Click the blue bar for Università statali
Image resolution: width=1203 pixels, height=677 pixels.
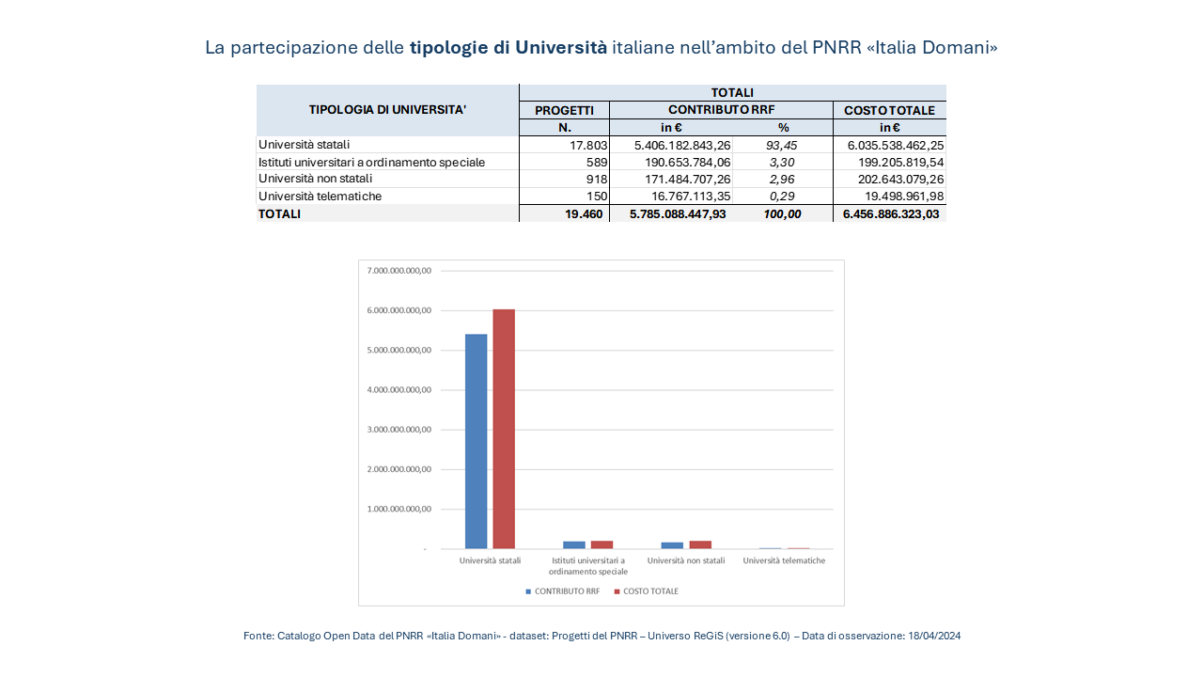[477, 441]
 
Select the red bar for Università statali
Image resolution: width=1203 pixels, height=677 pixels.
[504, 429]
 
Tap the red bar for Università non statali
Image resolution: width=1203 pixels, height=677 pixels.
[700, 544]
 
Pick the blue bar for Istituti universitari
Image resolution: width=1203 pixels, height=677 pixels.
[574, 544]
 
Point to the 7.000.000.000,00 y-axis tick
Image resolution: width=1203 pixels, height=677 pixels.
[399, 271]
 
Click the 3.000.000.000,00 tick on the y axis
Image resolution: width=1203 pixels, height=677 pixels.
[399, 430]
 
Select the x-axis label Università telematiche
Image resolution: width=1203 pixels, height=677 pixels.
[784, 561]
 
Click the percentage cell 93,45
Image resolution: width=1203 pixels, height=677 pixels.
[783, 145]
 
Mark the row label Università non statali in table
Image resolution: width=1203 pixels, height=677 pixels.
[316, 179]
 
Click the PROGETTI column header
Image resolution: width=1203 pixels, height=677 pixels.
[564, 110]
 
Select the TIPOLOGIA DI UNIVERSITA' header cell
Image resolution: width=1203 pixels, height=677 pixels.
[387, 110]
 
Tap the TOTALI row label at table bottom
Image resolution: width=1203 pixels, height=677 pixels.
[280, 213]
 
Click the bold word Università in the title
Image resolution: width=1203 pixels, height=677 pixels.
[561, 48]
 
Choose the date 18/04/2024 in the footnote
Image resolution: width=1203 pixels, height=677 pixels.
[934, 637]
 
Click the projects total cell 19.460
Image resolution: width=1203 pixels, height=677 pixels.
[584, 213]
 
